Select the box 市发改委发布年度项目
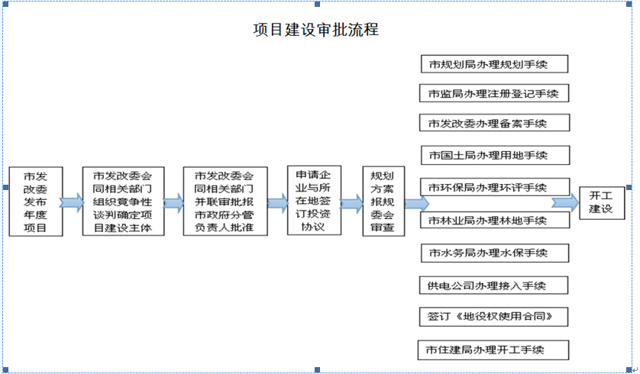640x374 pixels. coord(36,202)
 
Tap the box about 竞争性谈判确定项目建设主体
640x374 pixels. coord(123,202)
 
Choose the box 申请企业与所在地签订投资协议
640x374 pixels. coord(313,201)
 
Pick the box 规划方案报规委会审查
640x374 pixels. coord(383,202)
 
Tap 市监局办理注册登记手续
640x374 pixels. coord(495,94)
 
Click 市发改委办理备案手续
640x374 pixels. coord(495,123)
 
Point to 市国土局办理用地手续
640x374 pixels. coord(495,156)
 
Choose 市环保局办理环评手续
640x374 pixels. coord(495,188)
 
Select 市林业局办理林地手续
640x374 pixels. coord(495,220)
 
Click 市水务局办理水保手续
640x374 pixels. coord(495,252)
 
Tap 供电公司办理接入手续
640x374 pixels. coord(495,285)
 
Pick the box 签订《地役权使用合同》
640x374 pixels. coord(495,316)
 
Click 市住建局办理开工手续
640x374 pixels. coord(495,350)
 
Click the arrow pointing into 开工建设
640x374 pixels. coord(565,203)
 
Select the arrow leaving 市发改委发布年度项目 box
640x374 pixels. coord(72,203)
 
